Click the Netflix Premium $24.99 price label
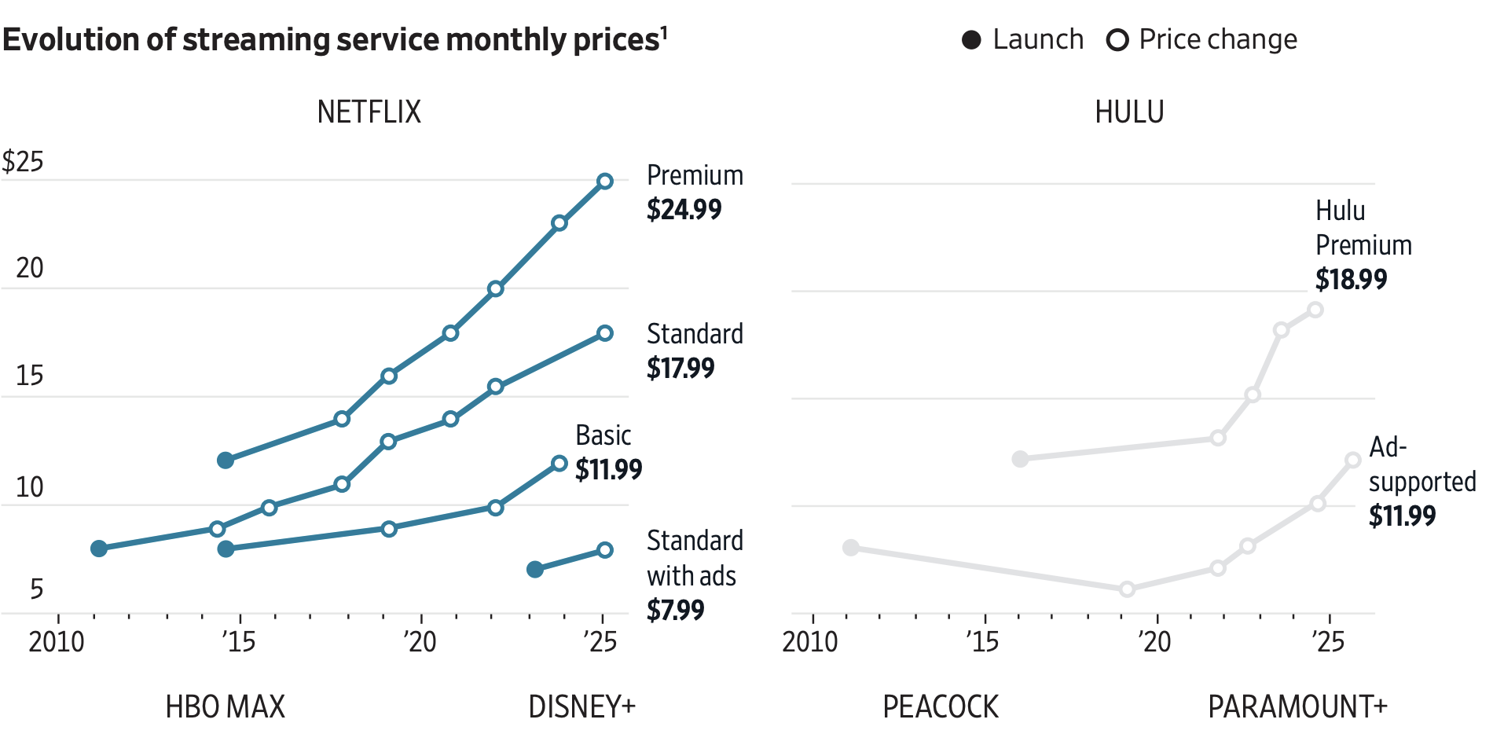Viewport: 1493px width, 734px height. [684, 210]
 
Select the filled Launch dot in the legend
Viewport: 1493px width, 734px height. [971, 40]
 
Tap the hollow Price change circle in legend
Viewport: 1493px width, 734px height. [1117, 40]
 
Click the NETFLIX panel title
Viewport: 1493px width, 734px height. [369, 112]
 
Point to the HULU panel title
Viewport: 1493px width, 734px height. [1128, 112]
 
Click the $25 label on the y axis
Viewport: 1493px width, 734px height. [23, 162]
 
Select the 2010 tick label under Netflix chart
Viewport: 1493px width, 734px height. [56, 642]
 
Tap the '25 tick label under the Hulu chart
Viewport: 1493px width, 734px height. [1328, 642]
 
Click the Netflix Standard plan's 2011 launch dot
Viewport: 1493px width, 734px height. [98, 549]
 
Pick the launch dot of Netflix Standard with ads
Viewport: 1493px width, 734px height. [535, 569]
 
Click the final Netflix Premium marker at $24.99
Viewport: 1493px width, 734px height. [604, 182]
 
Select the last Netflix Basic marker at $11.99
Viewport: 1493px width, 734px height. [559, 464]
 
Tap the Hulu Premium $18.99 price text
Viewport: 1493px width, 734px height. [1351, 280]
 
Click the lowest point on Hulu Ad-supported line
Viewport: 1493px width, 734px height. [1127, 589]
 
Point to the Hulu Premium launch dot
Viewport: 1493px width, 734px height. [1020, 459]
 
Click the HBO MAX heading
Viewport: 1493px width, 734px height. [225, 707]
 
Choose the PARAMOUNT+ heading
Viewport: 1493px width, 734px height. [1297, 707]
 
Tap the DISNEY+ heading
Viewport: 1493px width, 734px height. [581, 707]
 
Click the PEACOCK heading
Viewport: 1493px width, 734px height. [940, 707]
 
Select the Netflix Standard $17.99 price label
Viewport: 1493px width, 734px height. [680, 369]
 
